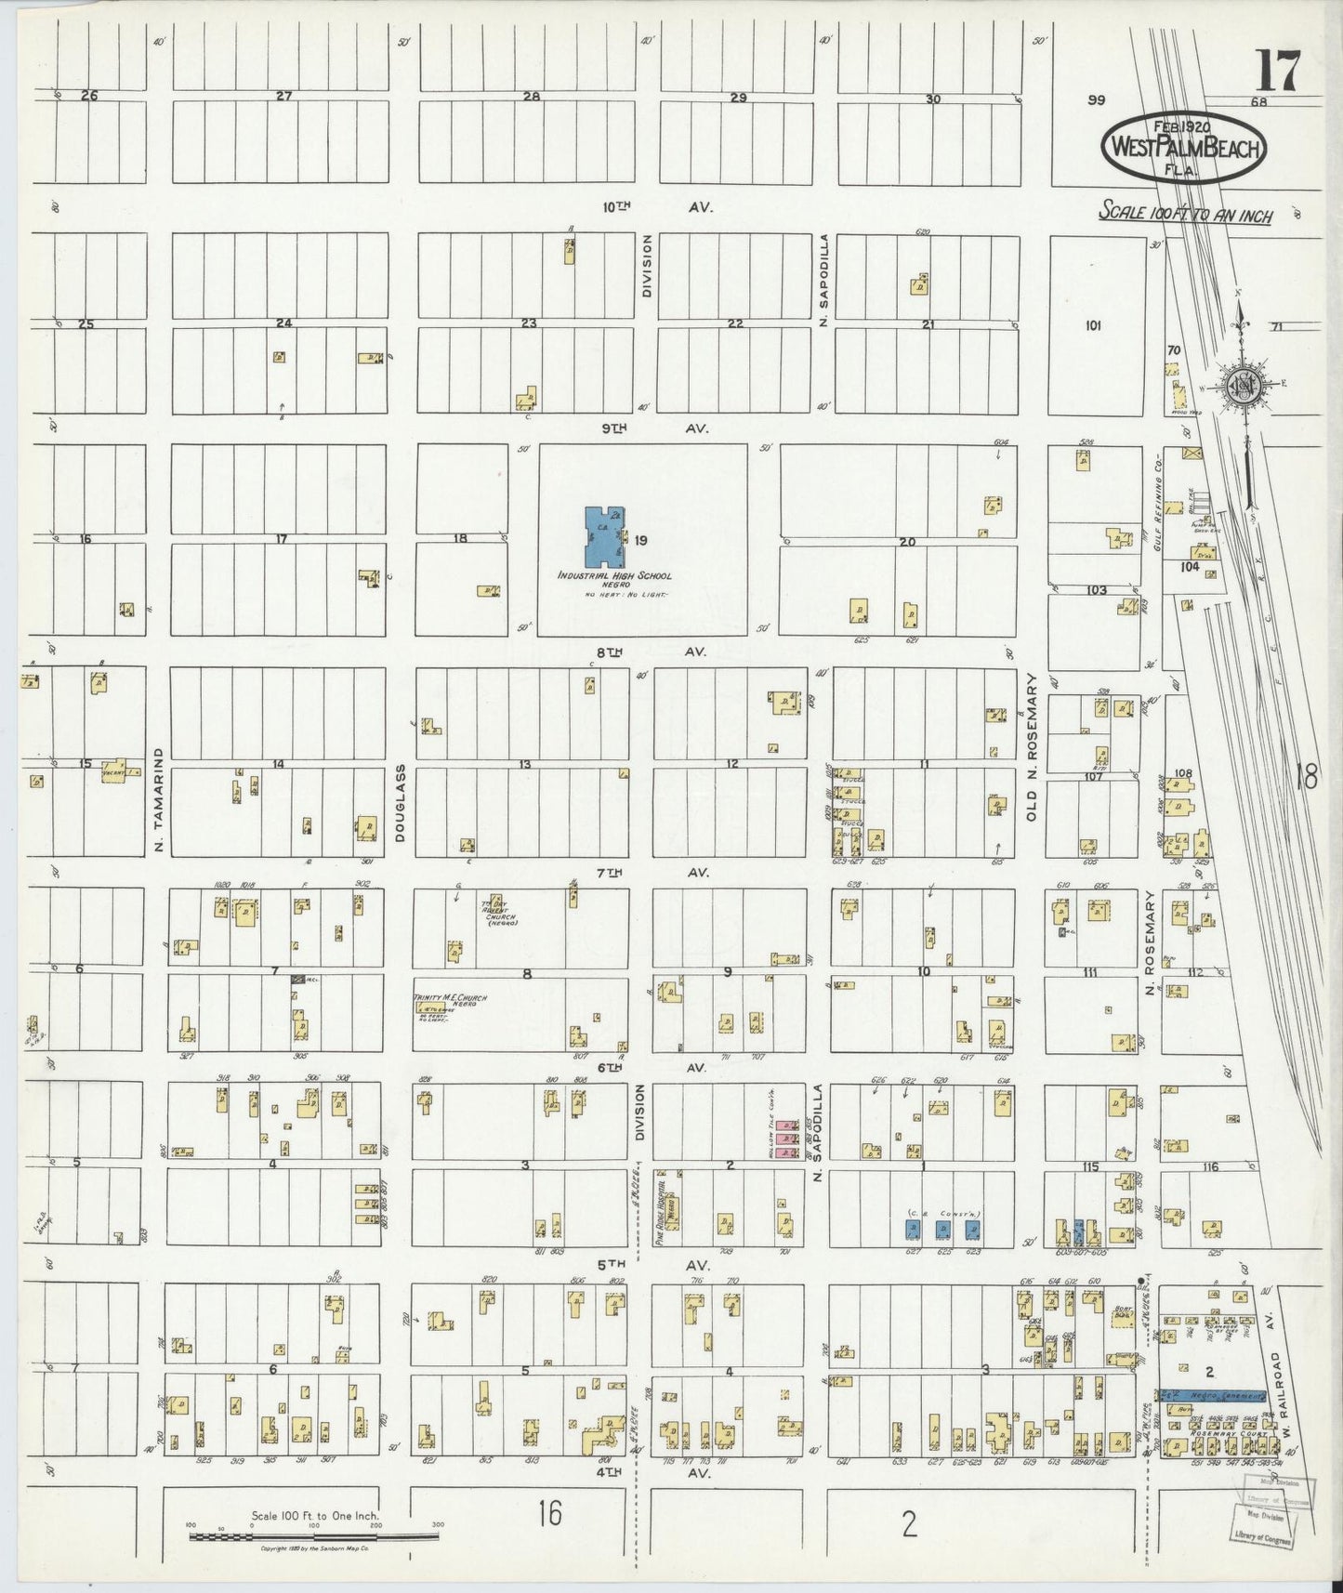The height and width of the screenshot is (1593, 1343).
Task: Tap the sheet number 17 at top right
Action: [1278, 72]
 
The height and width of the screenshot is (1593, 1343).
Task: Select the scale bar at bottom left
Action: [313, 1535]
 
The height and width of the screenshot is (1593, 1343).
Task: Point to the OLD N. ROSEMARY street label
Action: [1031, 749]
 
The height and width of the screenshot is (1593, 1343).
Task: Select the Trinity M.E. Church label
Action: [450, 998]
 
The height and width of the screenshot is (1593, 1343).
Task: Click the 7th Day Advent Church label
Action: [498, 913]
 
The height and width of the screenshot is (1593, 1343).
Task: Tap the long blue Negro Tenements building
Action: [1212, 1397]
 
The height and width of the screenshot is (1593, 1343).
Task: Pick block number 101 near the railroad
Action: [1093, 325]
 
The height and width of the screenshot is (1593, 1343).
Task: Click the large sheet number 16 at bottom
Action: [548, 1514]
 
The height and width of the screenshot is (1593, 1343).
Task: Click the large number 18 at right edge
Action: [1307, 776]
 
